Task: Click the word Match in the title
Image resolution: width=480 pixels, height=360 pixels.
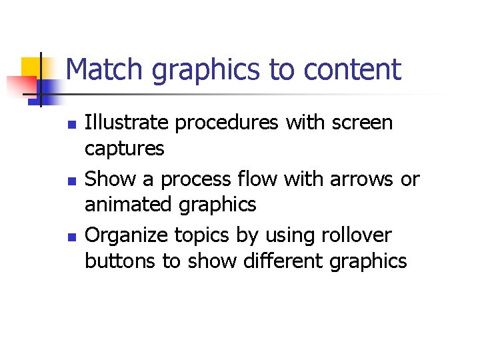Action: pyautogui.click(x=106, y=70)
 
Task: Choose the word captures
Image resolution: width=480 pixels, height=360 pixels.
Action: pyautogui.click(x=124, y=149)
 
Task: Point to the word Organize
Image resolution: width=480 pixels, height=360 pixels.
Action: pyautogui.click(x=127, y=236)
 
